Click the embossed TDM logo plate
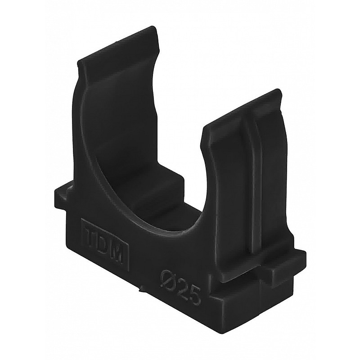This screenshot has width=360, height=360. (105, 243)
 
